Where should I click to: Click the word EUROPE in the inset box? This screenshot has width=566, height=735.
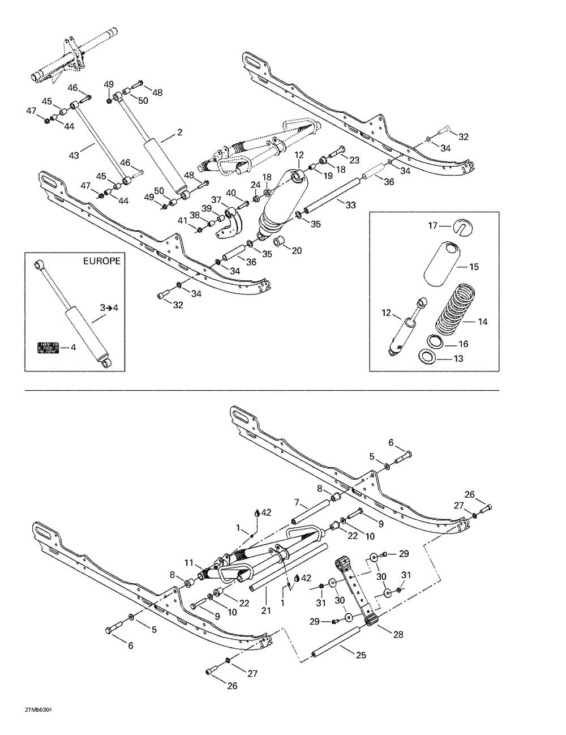pos(102,262)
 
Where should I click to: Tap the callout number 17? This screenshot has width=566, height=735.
pos(432,225)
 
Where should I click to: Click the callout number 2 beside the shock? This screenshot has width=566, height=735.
pos(179,133)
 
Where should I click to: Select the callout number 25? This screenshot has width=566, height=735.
pos(361,655)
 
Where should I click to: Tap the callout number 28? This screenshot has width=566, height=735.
pos(398,634)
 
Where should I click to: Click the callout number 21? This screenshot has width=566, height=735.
pos(266,610)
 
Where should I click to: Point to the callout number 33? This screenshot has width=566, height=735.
pos(350,205)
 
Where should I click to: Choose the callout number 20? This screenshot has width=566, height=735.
pos(297,251)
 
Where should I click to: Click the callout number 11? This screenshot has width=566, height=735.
pos(189,562)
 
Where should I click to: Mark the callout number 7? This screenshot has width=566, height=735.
pos(295,502)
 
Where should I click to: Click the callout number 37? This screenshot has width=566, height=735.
pos(216,200)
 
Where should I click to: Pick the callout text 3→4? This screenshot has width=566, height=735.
pos(108,308)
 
